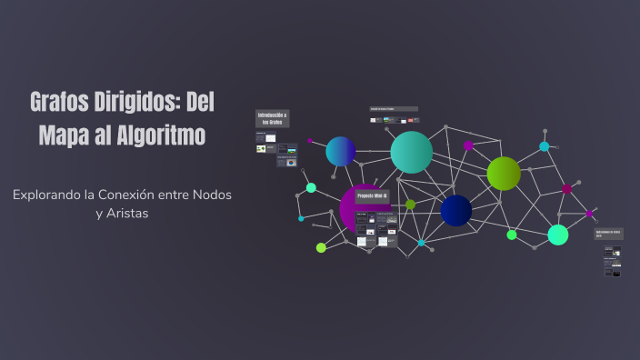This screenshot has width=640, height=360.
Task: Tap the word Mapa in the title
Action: tap(64, 136)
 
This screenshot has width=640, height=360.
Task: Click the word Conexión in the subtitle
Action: tap(147, 195)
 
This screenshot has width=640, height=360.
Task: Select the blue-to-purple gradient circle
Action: tap(341, 151)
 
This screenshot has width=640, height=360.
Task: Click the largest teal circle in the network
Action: tap(411, 152)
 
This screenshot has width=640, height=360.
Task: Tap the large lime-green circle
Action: tap(504, 174)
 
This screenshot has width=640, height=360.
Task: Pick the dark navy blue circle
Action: tap(456, 211)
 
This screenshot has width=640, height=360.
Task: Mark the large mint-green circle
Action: tap(558, 235)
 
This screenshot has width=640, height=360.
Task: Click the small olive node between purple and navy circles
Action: tap(410, 205)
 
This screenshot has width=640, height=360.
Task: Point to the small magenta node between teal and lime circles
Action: tap(468, 145)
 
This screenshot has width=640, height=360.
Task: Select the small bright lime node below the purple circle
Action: tap(321, 247)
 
